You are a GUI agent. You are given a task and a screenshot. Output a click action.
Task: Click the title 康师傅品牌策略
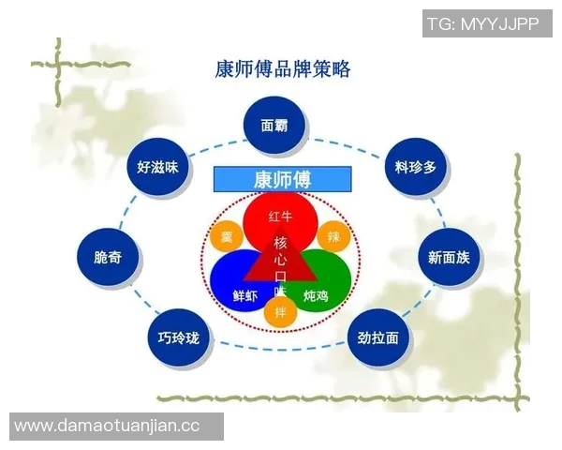[x=282, y=69]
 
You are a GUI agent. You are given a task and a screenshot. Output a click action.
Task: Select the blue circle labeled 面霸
[x=274, y=125]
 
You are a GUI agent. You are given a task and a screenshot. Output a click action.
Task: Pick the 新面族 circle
[x=449, y=257]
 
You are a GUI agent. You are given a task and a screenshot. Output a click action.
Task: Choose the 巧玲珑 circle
[x=178, y=337]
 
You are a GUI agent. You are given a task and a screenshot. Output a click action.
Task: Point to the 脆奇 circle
[x=109, y=257]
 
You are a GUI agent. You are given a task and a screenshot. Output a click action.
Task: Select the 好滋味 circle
[x=157, y=167]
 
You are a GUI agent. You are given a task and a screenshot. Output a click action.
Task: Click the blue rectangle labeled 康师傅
[x=282, y=178]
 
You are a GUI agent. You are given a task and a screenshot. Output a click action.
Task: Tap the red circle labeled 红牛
[x=281, y=218]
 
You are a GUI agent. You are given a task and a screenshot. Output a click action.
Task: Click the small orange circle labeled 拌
[x=280, y=311]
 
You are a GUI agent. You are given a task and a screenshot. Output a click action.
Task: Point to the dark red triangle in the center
[x=280, y=262]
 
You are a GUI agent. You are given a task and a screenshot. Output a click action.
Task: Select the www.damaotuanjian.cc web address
[x=108, y=426]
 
